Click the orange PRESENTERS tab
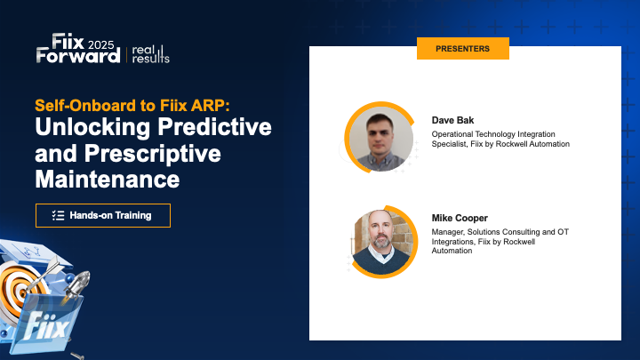coord(462,49)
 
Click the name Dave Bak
coord(453,120)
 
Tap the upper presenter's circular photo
coord(381,139)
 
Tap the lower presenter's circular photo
coord(380,241)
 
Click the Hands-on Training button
coord(102,215)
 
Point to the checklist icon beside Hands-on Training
coord(59,215)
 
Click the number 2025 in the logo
coord(100,43)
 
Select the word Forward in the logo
coord(78,55)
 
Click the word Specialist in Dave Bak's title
coord(452,143)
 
